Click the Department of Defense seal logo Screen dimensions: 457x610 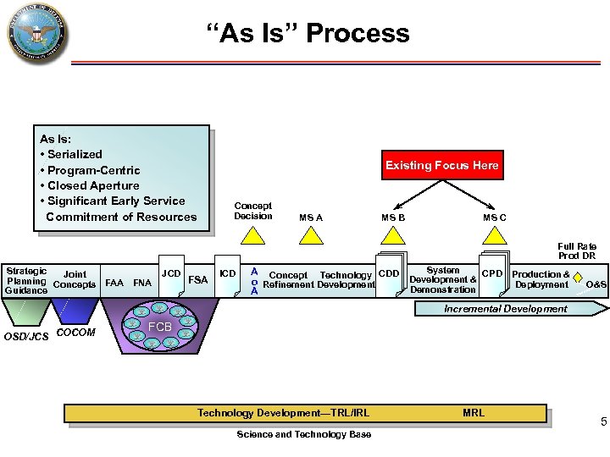(36, 35)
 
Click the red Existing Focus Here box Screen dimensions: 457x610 (441, 166)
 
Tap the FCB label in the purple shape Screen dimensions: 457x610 (160, 327)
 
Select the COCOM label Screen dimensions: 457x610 (75, 333)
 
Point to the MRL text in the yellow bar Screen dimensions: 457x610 (474, 413)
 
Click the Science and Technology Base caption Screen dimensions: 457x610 (303, 434)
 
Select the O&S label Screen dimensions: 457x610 (596, 284)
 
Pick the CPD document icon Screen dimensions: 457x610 (492, 273)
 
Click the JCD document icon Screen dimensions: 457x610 (171, 273)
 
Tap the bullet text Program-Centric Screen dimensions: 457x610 (93, 170)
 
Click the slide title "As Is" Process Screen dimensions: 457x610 (308, 33)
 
